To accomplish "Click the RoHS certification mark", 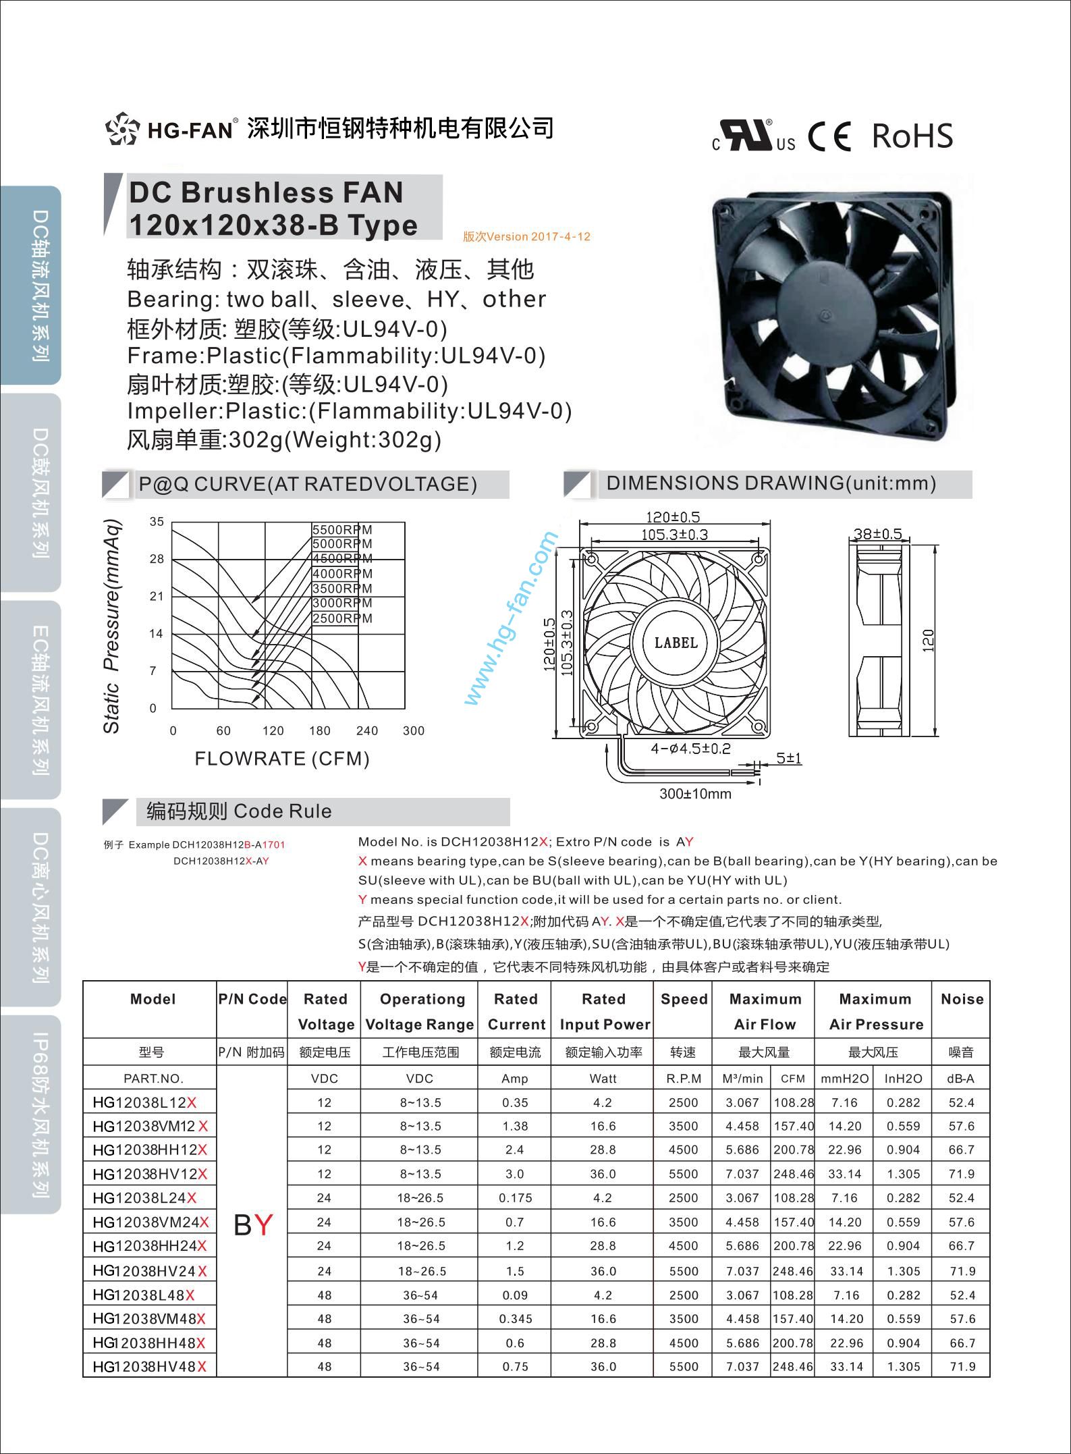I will (x=912, y=136).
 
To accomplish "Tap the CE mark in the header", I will (x=829, y=137).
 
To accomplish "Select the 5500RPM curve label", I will (x=342, y=530).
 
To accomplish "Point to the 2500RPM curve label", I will (x=342, y=618).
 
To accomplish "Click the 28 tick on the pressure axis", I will (x=157, y=559).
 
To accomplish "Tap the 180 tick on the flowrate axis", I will (x=319, y=731).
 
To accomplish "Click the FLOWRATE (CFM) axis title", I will (x=282, y=759).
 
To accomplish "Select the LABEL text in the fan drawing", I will (x=676, y=643).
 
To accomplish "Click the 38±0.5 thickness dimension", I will (x=877, y=534).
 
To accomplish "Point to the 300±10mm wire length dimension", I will (x=695, y=794).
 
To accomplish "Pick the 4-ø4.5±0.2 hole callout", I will (x=690, y=749).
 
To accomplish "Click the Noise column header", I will (x=962, y=999).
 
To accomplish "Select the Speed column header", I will (x=684, y=999).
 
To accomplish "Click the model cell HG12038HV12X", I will (x=150, y=1174).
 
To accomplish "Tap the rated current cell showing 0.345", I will (x=515, y=1318).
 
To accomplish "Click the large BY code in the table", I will (x=252, y=1224).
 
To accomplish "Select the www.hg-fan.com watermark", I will (x=512, y=618).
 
